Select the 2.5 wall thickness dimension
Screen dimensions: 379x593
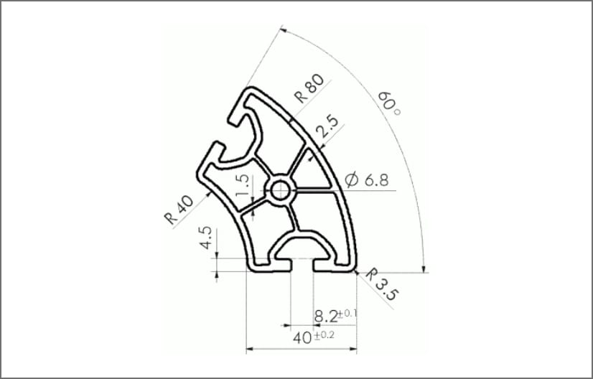point(327,127)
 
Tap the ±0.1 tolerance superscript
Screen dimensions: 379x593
point(347,313)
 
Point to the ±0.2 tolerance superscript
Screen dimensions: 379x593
point(324,334)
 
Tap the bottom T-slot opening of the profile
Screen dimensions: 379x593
point(302,267)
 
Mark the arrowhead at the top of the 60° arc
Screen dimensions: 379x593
point(283,31)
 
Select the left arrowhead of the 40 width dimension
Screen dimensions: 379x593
point(249,350)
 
